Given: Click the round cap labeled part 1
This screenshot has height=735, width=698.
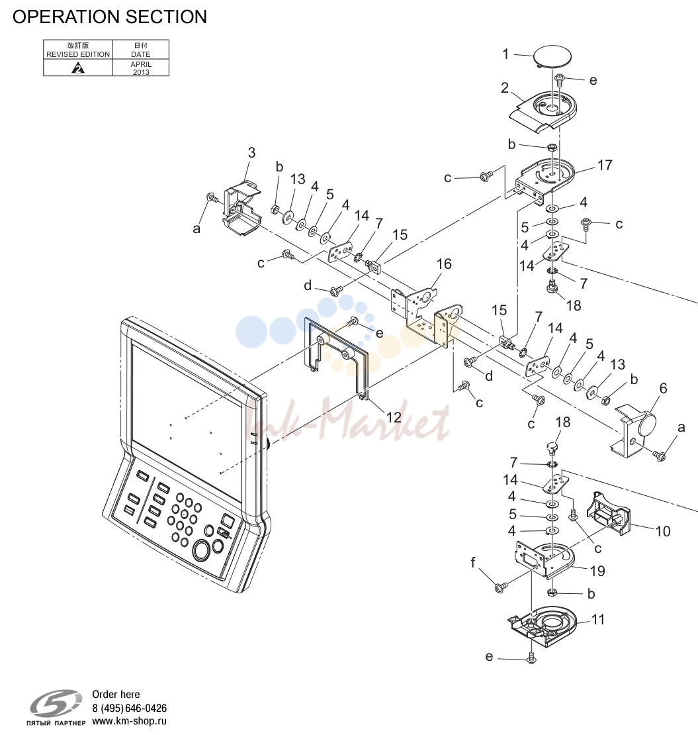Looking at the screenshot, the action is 553,56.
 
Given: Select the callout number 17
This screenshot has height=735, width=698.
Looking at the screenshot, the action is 605,165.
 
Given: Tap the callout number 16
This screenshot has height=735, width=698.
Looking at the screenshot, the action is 444,264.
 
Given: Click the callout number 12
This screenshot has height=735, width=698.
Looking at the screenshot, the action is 394,416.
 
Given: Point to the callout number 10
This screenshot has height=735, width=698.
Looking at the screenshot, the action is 662,531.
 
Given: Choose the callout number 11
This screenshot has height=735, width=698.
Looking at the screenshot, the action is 598,620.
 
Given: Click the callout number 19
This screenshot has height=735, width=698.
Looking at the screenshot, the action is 597,571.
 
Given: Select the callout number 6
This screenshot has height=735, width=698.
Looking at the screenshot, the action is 663,388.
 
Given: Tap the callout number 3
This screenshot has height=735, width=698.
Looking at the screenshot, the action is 251,152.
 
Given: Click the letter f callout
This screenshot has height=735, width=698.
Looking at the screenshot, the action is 473,562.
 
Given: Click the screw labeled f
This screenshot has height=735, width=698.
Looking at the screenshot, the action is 500,587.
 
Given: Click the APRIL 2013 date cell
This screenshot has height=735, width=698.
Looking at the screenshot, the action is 141,68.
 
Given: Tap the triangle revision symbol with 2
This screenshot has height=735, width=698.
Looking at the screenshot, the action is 78,68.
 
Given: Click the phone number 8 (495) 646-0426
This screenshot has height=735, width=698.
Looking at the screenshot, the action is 129,709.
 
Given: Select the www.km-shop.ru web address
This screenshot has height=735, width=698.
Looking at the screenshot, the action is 129,722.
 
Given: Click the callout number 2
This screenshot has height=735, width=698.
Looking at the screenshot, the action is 505,87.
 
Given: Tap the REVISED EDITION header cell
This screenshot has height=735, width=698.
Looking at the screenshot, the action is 78,50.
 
